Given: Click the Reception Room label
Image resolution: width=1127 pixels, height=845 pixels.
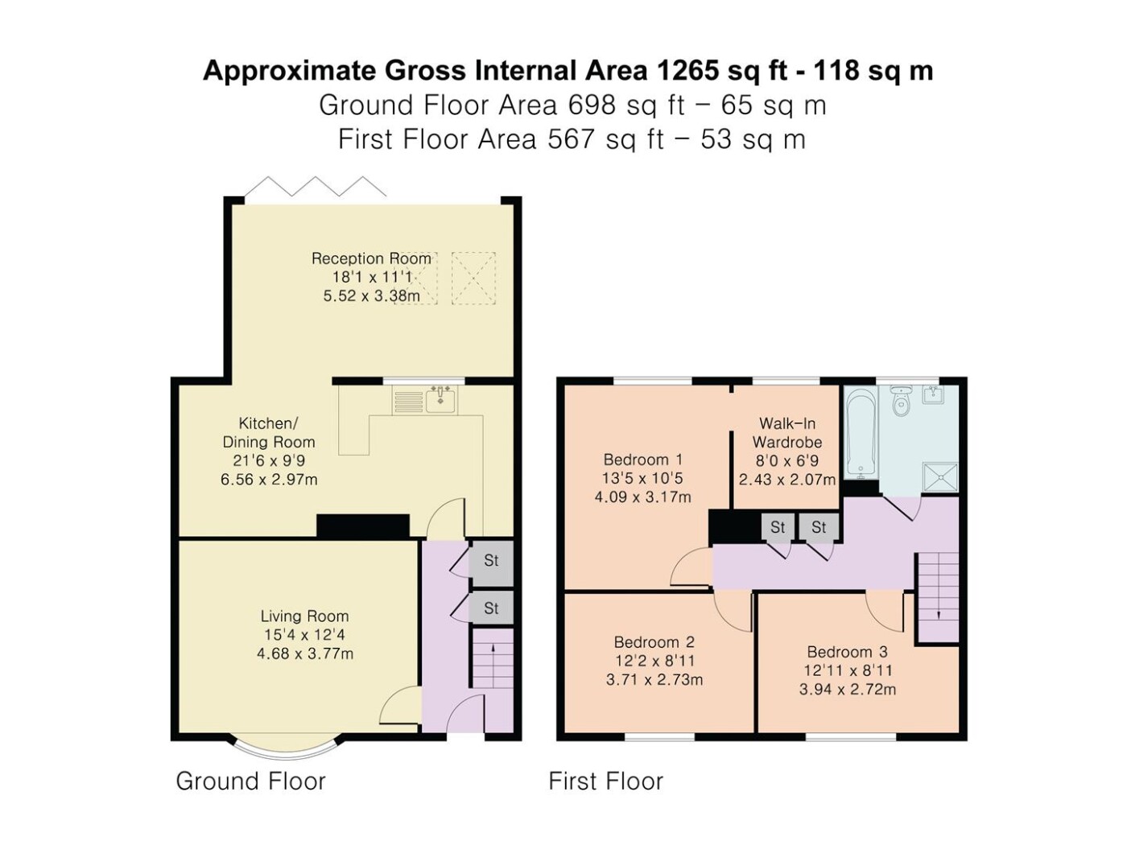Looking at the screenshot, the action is [371, 258].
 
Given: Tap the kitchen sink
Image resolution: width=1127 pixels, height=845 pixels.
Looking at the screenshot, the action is [440, 400].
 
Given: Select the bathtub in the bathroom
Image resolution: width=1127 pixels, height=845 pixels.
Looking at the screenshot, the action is [860, 432].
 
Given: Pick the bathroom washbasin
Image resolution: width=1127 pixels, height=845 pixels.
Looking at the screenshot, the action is [933, 394].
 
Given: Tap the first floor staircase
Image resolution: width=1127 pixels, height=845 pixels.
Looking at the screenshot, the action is [938, 597].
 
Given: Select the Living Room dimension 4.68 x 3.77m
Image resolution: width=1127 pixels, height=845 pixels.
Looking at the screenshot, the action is [305, 654].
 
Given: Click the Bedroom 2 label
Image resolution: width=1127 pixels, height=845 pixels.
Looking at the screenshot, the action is [654, 642].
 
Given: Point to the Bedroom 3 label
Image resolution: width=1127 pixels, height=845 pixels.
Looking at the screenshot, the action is [847, 652].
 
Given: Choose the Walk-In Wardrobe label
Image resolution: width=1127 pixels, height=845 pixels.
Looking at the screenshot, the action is [787, 432].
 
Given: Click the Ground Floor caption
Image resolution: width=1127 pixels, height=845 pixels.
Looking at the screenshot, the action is [250, 781].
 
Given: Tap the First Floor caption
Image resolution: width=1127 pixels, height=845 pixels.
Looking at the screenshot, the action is [606, 781].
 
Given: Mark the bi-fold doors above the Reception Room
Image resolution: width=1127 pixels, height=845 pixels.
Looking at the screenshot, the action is [316, 187].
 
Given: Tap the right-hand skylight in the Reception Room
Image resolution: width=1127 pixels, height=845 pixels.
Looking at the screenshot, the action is [473, 278].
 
